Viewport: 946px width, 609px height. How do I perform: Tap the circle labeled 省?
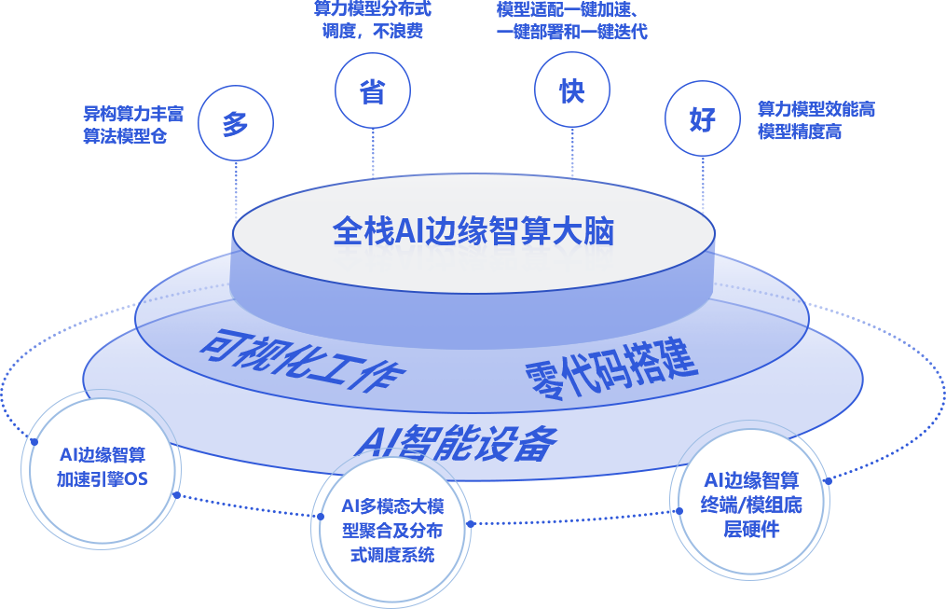click(x=372, y=92)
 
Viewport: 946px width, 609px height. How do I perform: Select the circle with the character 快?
click(x=571, y=91)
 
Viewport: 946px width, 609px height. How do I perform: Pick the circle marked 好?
click(x=702, y=120)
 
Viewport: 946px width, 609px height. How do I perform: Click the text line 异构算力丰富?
click(x=133, y=115)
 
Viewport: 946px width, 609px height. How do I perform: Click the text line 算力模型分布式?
click(x=372, y=9)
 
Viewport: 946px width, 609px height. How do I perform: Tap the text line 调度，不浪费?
click(x=372, y=31)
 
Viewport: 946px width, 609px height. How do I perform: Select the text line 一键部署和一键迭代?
click(x=571, y=31)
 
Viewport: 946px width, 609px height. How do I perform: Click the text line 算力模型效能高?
click(x=816, y=110)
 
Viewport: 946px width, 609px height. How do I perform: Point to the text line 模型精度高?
click(x=800, y=131)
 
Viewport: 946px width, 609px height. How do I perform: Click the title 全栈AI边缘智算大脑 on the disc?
click(x=473, y=231)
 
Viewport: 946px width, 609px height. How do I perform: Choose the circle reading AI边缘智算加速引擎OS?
click(x=102, y=467)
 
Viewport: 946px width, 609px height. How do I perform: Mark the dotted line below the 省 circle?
click(x=373, y=151)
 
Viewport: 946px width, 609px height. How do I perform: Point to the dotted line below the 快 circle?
click(x=571, y=149)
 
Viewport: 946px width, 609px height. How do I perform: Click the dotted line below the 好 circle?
click(x=703, y=182)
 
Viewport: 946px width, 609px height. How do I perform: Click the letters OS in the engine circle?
click(x=136, y=480)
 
